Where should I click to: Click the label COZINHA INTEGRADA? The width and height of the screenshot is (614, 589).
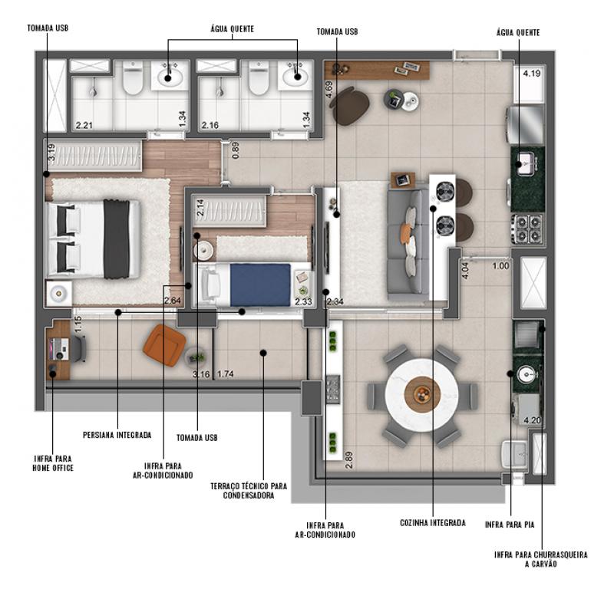[x=433, y=523]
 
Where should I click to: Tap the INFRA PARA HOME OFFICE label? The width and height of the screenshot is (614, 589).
[x=53, y=463]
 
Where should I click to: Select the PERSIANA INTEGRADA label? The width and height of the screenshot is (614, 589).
[x=117, y=435]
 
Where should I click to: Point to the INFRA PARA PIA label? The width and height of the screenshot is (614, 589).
[x=510, y=525]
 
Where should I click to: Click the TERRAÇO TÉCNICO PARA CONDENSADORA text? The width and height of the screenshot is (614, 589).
[x=249, y=491]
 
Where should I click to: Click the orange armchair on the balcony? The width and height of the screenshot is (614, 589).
[x=164, y=345]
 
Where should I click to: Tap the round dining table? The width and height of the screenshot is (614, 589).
[x=421, y=395]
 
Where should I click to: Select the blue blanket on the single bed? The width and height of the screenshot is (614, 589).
[x=260, y=285]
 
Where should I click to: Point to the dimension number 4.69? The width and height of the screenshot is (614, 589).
[x=328, y=90]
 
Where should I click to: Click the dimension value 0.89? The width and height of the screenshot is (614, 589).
[x=236, y=150]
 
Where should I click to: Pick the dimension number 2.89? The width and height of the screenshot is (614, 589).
[x=349, y=460]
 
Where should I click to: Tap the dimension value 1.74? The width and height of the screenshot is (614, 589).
[x=226, y=373]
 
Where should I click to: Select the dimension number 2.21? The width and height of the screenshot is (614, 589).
[x=84, y=125]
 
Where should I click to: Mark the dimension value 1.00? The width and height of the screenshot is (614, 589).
[x=501, y=266]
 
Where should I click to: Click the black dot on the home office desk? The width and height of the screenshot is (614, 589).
[x=52, y=373]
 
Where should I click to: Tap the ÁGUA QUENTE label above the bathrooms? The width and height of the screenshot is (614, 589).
[x=233, y=29]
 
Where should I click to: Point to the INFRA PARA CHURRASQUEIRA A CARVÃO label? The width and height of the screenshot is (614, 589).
[x=541, y=559]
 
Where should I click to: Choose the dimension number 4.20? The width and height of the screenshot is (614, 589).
[x=532, y=420]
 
